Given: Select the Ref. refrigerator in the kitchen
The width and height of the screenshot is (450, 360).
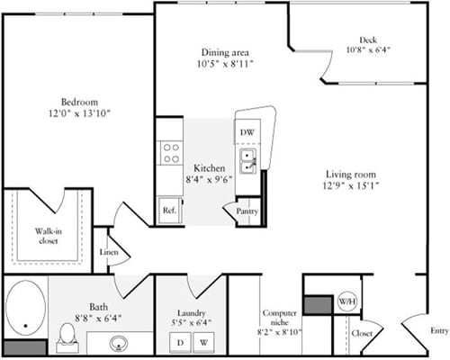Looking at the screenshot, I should coord(168,210).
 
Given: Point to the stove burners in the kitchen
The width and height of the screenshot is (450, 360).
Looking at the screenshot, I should coord(170,153).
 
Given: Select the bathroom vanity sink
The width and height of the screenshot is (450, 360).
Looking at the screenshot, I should coord(120,341).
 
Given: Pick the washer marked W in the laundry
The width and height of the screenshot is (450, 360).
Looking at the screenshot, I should coord(203,342).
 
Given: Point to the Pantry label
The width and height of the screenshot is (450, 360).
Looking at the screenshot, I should coord(247,211).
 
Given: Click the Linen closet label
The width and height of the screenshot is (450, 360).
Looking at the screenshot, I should coord(109,253).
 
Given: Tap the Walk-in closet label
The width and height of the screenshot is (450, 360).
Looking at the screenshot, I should coord(48,237).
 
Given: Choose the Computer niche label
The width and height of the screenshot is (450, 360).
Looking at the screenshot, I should coord(281,319).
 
